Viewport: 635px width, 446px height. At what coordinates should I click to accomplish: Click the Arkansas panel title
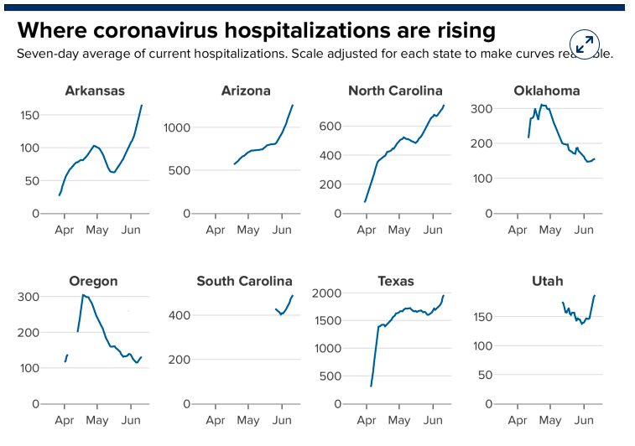95,91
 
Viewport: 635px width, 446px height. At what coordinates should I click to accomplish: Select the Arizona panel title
246,91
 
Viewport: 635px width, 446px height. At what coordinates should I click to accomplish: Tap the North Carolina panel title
395,91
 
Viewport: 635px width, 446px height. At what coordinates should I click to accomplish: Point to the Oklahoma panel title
547,91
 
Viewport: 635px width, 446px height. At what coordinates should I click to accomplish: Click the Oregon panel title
93,281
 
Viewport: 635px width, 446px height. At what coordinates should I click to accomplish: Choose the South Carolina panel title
244,281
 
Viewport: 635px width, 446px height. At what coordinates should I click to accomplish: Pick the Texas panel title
395,281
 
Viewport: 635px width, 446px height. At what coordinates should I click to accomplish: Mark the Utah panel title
547,281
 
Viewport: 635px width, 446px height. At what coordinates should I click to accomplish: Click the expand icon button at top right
583,43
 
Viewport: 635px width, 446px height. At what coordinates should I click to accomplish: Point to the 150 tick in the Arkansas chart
29,114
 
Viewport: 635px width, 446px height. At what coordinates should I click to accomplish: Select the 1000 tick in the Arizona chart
178,127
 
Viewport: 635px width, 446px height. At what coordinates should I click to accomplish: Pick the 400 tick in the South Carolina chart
182,315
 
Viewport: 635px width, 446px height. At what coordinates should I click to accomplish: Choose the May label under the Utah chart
550,420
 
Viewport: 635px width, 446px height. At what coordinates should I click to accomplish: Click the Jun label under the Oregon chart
130,420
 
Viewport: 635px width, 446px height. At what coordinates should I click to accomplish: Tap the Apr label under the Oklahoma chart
518,230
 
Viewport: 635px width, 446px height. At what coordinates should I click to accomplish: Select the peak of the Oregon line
83,295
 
